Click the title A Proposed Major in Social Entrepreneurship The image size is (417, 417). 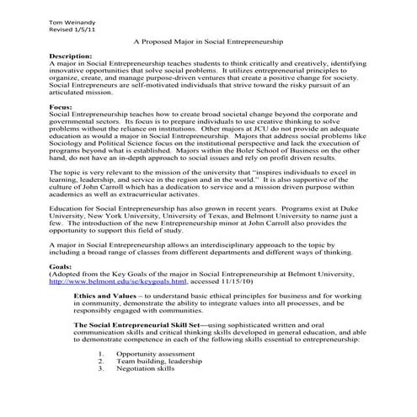point(208,40)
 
